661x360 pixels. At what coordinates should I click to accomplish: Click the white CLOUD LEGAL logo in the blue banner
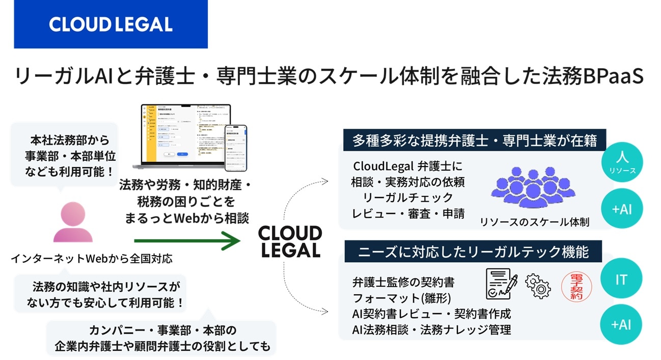(111, 24)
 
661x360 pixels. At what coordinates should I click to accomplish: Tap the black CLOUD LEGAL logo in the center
(290, 242)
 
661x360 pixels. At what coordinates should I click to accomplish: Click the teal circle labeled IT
(621, 279)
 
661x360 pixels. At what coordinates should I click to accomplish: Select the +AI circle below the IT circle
(621, 324)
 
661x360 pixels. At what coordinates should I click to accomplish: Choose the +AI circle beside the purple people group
(621, 209)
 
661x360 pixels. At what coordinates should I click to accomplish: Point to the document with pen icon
(501, 284)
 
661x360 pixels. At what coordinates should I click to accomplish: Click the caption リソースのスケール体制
(534, 222)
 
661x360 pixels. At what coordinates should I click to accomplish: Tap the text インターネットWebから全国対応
(92, 259)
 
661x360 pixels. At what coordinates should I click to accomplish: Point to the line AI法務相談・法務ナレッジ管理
(431, 329)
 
